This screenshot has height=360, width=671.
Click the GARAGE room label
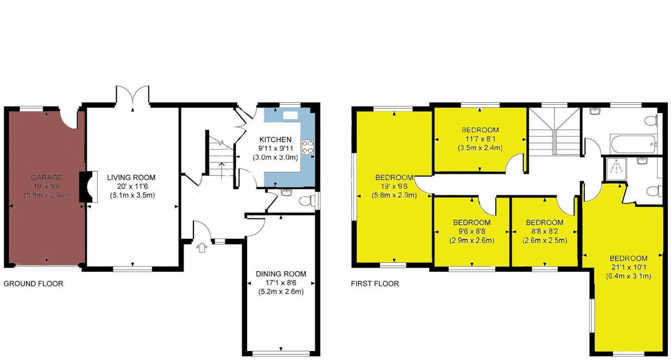click(x=47, y=177)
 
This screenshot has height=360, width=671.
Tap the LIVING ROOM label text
click(x=131, y=177)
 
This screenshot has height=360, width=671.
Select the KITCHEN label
click(x=275, y=140)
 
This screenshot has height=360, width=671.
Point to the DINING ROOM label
click(x=281, y=274)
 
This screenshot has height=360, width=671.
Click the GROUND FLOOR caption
click(x=33, y=284)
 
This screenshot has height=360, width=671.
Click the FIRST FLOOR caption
click(x=375, y=284)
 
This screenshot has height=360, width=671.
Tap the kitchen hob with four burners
click(x=308, y=147)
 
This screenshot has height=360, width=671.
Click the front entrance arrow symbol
click(x=202, y=248)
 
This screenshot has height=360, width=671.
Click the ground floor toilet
click(x=306, y=200)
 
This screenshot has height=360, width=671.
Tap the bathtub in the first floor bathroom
click(x=633, y=144)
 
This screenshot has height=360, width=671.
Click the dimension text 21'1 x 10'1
click(x=628, y=267)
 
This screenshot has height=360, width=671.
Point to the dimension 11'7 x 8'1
click(x=480, y=139)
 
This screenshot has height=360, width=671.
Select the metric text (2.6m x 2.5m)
click(x=544, y=241)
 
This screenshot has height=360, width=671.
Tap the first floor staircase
click(x=554, y=132)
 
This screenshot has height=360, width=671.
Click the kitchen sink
click(x=291, y=115)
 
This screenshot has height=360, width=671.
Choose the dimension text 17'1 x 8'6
click(x=281, y=283)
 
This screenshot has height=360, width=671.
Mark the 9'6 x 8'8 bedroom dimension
click(x=472, y=231)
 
